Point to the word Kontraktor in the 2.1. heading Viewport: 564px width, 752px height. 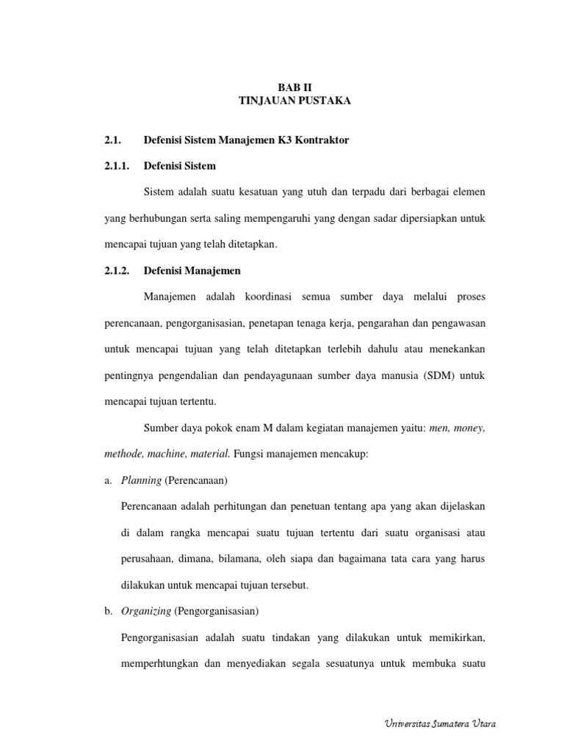321,140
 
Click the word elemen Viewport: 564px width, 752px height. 466,192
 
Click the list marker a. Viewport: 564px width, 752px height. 108,480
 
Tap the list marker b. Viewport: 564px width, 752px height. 108,611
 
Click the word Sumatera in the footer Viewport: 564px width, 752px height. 451,724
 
